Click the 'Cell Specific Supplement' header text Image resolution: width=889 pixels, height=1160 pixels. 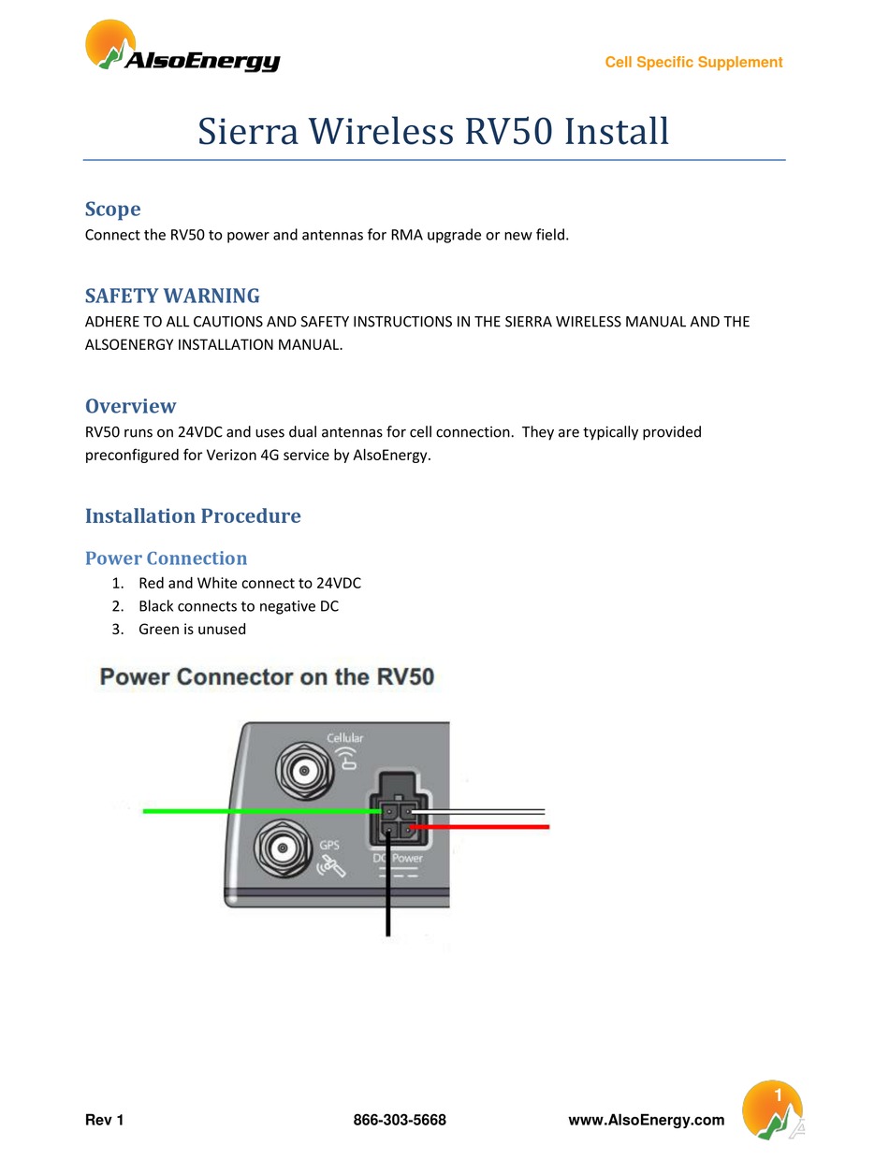[x=693, y=63]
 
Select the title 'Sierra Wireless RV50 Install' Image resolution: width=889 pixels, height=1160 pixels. [x=433, y=131]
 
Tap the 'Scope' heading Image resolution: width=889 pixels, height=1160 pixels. [x=112, y=209]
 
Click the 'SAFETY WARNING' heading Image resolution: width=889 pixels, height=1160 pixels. [x=172, y=296]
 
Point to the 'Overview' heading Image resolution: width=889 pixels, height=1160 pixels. [x=130, y=406]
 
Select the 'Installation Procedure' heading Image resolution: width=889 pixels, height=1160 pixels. [x=193, y=515]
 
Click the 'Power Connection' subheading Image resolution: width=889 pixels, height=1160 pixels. [x=166, y=558]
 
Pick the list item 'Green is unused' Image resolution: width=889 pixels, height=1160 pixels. [x=192, y=629]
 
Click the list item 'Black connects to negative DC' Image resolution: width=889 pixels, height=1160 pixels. [x=238, y=606]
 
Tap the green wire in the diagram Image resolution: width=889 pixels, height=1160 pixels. [x=253, y=811]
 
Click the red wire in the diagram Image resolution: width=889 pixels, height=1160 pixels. [x=487, y=827]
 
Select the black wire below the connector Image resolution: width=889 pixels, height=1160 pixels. [x=388, y=898]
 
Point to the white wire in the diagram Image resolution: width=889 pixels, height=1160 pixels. [x=487, y=811]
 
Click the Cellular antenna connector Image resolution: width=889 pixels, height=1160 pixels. [x=302, y=772]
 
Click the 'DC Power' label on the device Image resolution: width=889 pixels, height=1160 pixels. [x=398, y=858]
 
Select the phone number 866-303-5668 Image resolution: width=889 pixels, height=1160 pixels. [x=400, y=1120]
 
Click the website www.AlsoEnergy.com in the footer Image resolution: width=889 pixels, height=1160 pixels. [x=647, y=1120]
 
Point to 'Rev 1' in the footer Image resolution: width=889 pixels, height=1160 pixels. [x=104, y=1120]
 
